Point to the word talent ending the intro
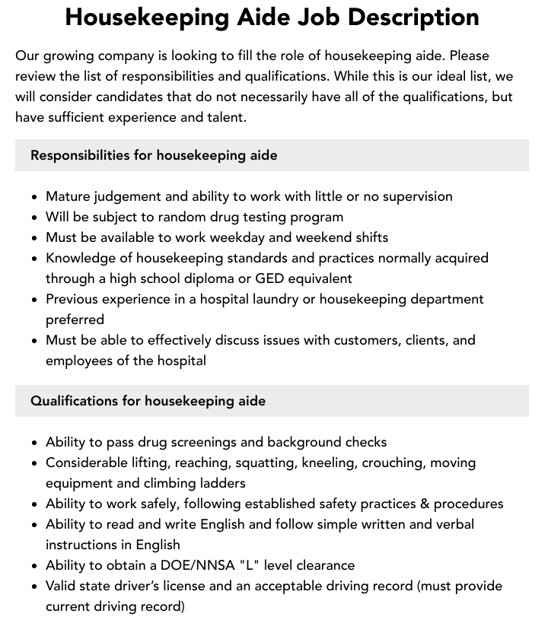point(224,117)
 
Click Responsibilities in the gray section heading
point(79,155)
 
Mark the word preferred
point(75,319)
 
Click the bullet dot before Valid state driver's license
point(35,587)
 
